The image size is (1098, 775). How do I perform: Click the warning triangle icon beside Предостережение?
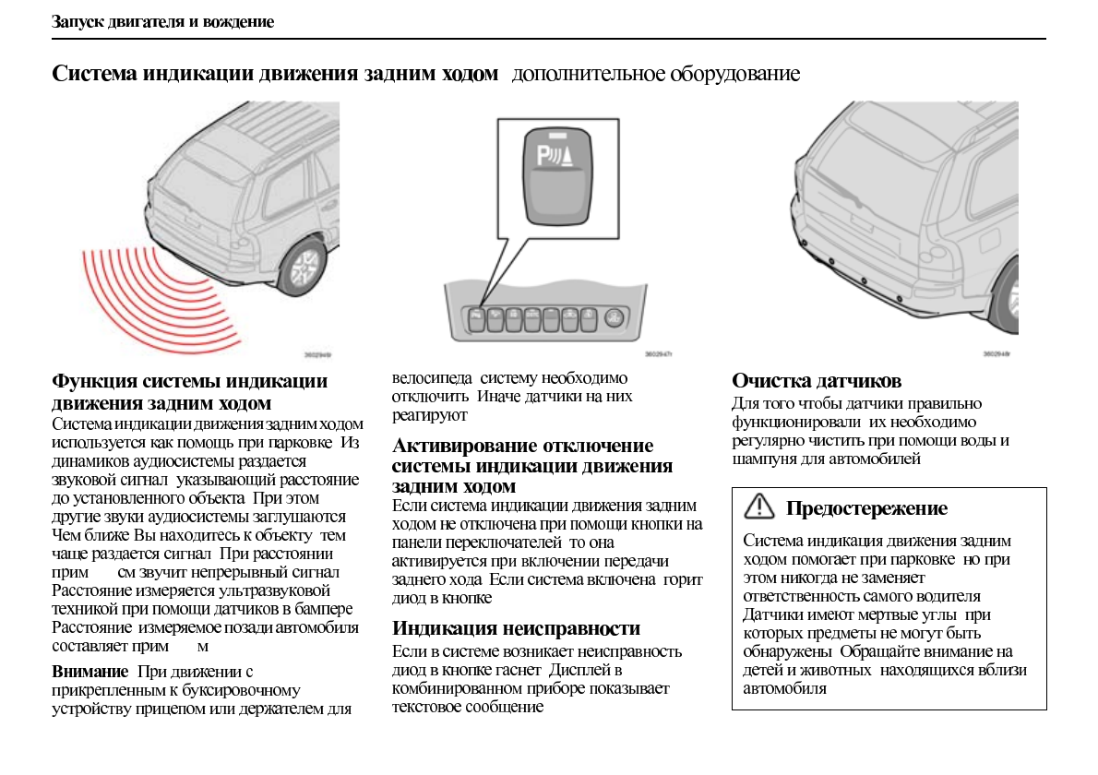click(x=759, y=506)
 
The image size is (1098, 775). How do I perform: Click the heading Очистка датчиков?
click(x=817, y=380)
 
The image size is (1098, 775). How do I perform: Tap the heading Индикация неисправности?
click(x=516, y=628)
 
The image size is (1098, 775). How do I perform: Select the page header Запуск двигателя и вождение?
click(x=162, y=21)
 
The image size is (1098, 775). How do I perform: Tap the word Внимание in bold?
click(x=90, y=671)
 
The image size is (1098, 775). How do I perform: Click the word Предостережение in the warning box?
click(x=866, y=508)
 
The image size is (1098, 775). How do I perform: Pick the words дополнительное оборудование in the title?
click(x=655, y=74)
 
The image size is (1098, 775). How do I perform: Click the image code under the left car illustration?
click(x=317, y=354)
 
